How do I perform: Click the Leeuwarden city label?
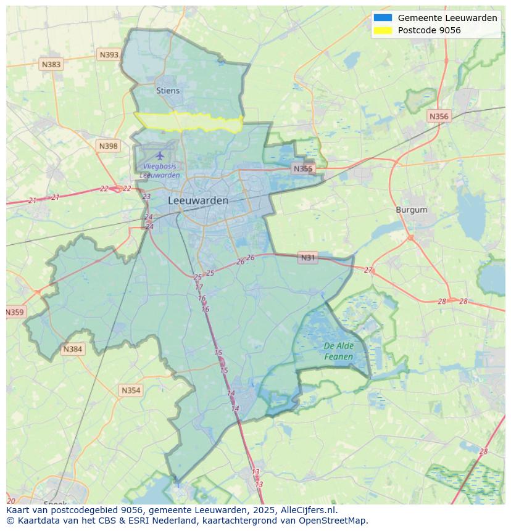[198, 200]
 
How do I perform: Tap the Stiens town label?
[168, 91]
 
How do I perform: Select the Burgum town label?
[412, 210]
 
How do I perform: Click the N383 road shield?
[51, 64]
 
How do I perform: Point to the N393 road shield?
[109, 55]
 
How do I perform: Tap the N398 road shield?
[108, 146]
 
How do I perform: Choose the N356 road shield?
[439, 116]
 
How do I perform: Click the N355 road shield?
[303, 168]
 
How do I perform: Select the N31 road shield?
[307, 258]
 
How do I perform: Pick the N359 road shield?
[15, 312]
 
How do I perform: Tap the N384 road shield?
[72, 349]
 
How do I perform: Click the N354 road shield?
[131, 390]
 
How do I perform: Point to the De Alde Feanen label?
[339, 352]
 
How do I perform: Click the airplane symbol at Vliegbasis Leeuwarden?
[160, 155]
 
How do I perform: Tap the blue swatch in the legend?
[383, 18]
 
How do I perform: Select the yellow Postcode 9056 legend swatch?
[383, 30]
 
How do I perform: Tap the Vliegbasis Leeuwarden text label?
[160, 171]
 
